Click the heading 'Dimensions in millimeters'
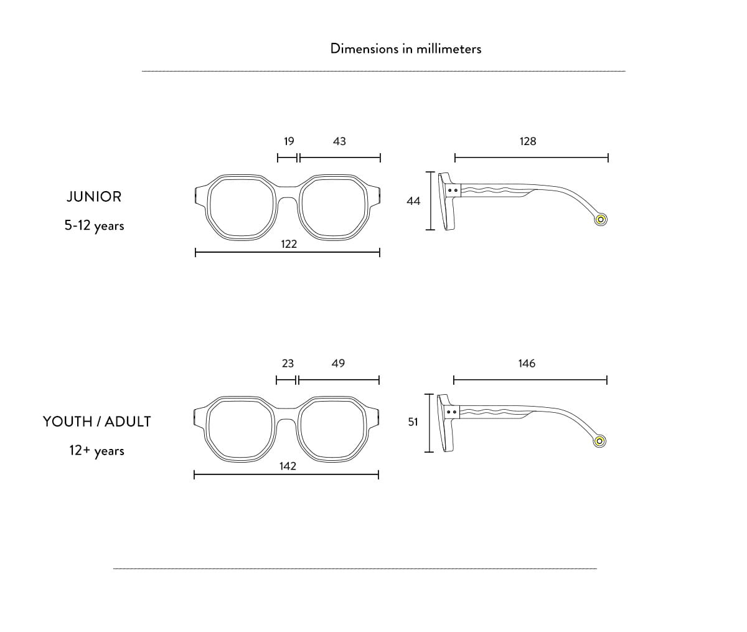point(405,49)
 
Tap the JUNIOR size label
point(94,197)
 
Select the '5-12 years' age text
point(95,225)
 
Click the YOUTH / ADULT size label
point(97,422)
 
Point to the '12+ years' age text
point(97,451)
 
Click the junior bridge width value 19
point(289,141)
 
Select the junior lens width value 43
point(339,141)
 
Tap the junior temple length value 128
point(528,141)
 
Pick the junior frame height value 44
point(413,201)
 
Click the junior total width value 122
point(289,244)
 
